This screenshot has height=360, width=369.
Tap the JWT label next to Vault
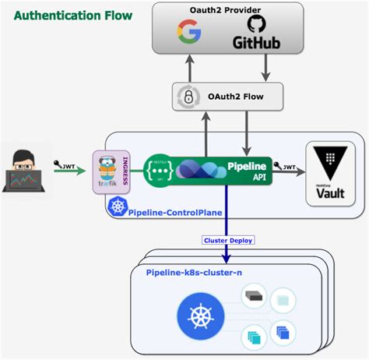click(x=288, y=166)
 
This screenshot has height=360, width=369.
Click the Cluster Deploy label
click(x=227, y=240)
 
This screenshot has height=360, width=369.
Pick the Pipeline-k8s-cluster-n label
click(x=195, y=271)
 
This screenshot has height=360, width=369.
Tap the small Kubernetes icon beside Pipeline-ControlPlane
click(x=118, y=207)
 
